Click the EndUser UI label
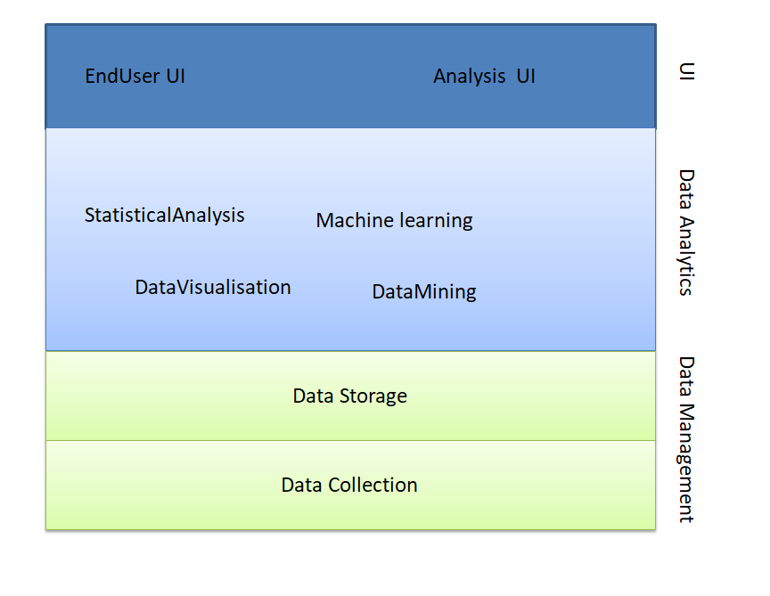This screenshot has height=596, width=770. pyautogui.click(x=135, y=77)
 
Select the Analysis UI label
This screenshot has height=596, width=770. pyautogui.click(x=484, y=77)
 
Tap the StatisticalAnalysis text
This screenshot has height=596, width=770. pyautogui.click(x=165, y=216)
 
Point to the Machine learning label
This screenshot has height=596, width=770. pyautogui.click(x=394, y=221)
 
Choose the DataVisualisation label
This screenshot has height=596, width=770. pyautogui.click(x=213, y=288)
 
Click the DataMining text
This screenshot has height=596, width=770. pyautogui.click(x=424, y=292)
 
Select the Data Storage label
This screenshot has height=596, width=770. pyautogui.click(x=349, y=396)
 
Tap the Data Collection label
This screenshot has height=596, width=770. pyautogui.click(x=349, y=486)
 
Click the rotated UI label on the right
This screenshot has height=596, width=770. pyautogui.click(x=686, y=71)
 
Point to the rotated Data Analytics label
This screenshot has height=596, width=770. pyautogui.click(x=686, y=232)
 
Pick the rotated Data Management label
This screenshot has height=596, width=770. pyautogui.click(x=686, y=439)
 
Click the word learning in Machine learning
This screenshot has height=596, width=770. pyautogui.click(x=437, y=221)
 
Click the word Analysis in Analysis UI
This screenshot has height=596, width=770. pyautogui.click(x=469, y=77)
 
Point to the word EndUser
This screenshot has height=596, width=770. pyautogui.click(x=122, y=77)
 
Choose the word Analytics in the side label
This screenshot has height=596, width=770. pyautogui.click(x=686, y=254)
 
